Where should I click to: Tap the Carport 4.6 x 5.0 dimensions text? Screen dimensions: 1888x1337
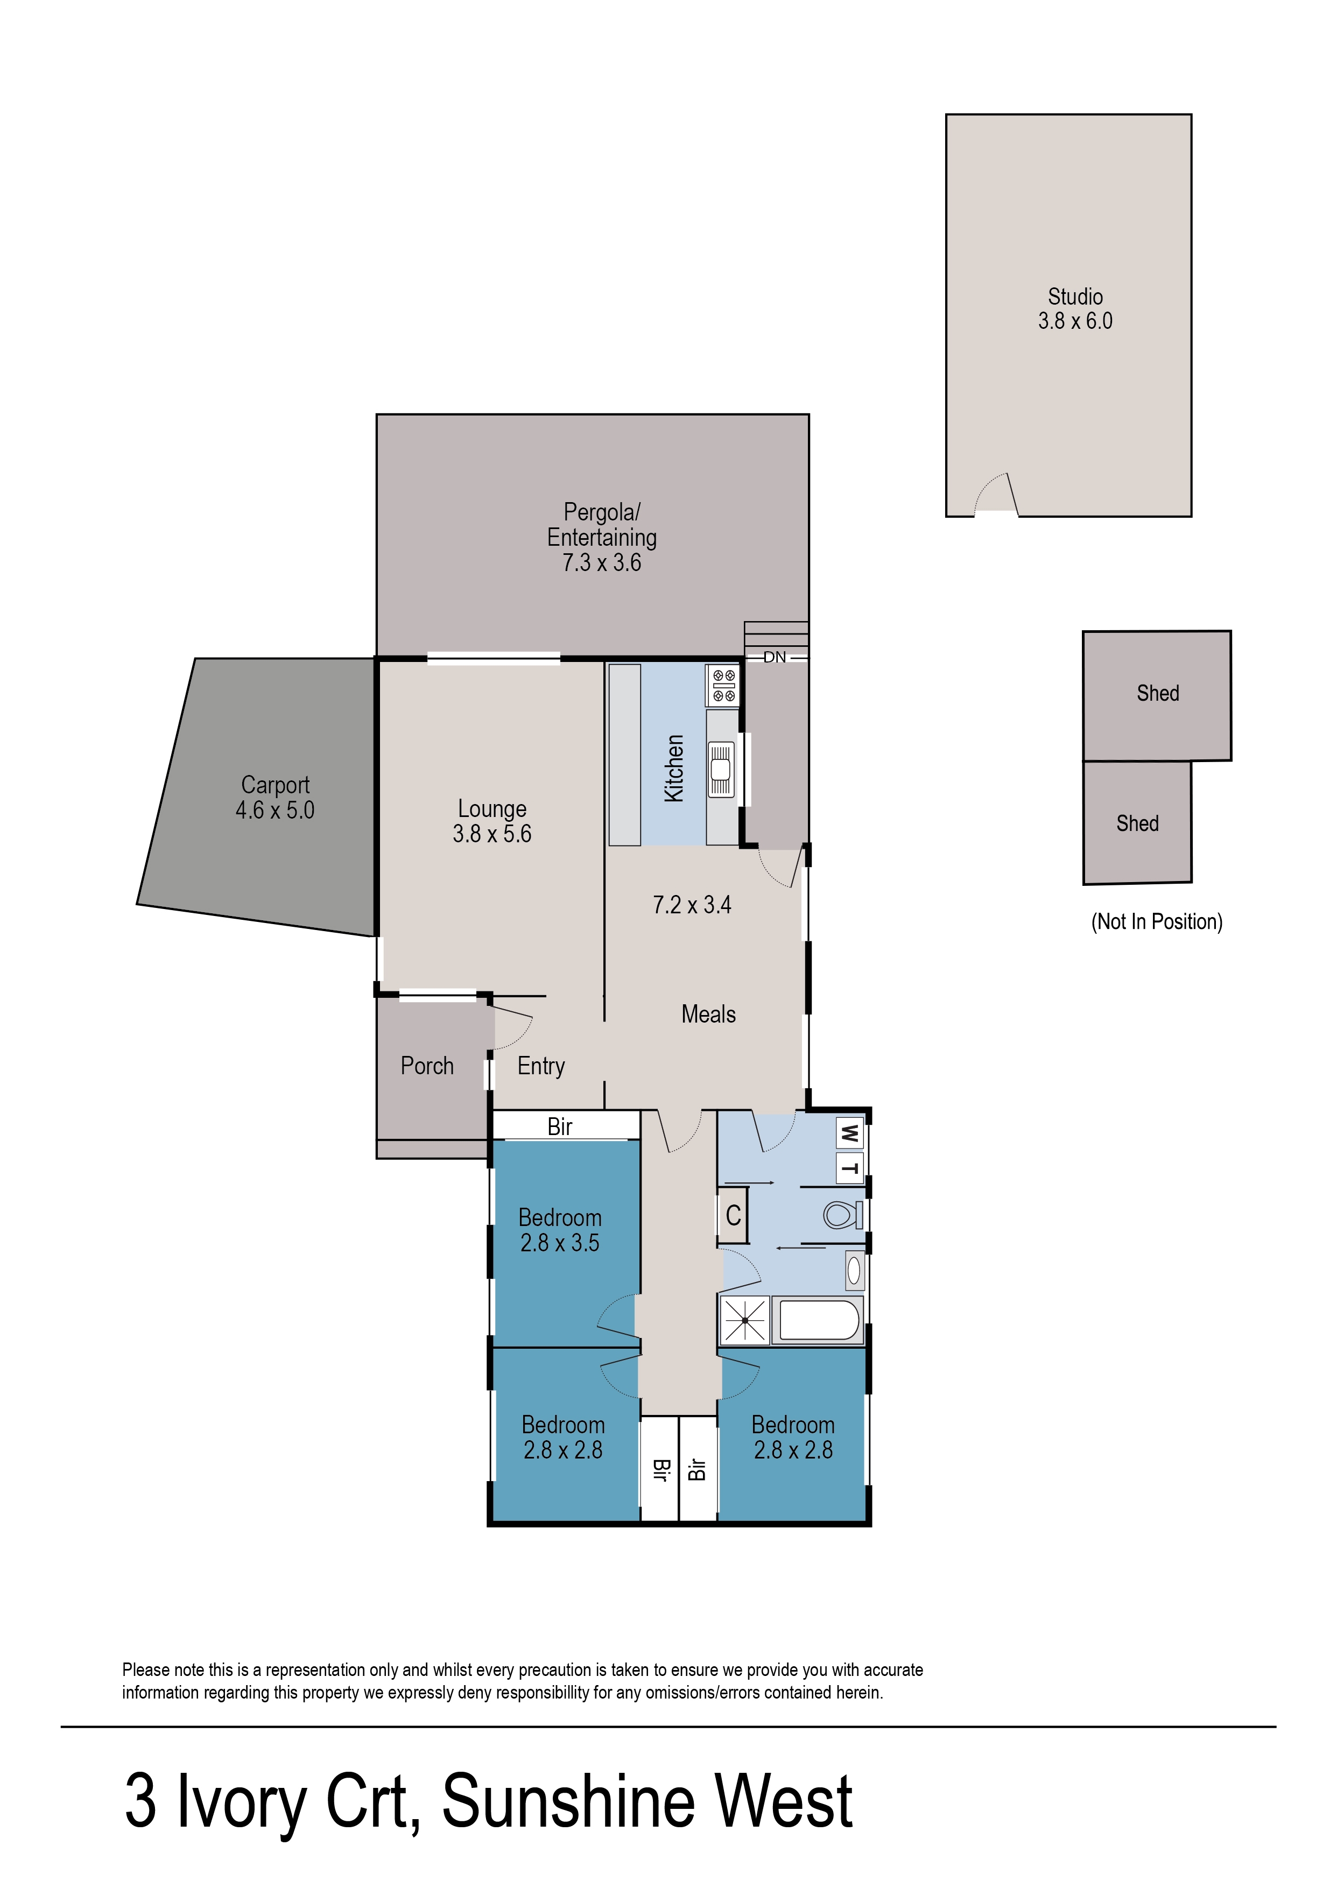coord(275,811)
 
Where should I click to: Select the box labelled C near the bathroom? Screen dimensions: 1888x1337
coord(733,1215)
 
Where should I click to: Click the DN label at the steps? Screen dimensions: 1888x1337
coord(775,657)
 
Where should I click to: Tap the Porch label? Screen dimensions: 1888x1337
coord(426,1066)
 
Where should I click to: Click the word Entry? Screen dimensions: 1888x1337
coord(541,1066)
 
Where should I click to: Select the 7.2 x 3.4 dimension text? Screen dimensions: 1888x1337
coord(692,905)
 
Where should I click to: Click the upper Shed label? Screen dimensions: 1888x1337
coord(1158,693)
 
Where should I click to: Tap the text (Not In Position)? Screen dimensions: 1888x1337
coord(1157,922)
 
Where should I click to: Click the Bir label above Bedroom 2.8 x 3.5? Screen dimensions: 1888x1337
coord(560,1126)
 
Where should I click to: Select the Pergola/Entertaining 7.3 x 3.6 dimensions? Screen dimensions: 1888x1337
coord(602,563)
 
